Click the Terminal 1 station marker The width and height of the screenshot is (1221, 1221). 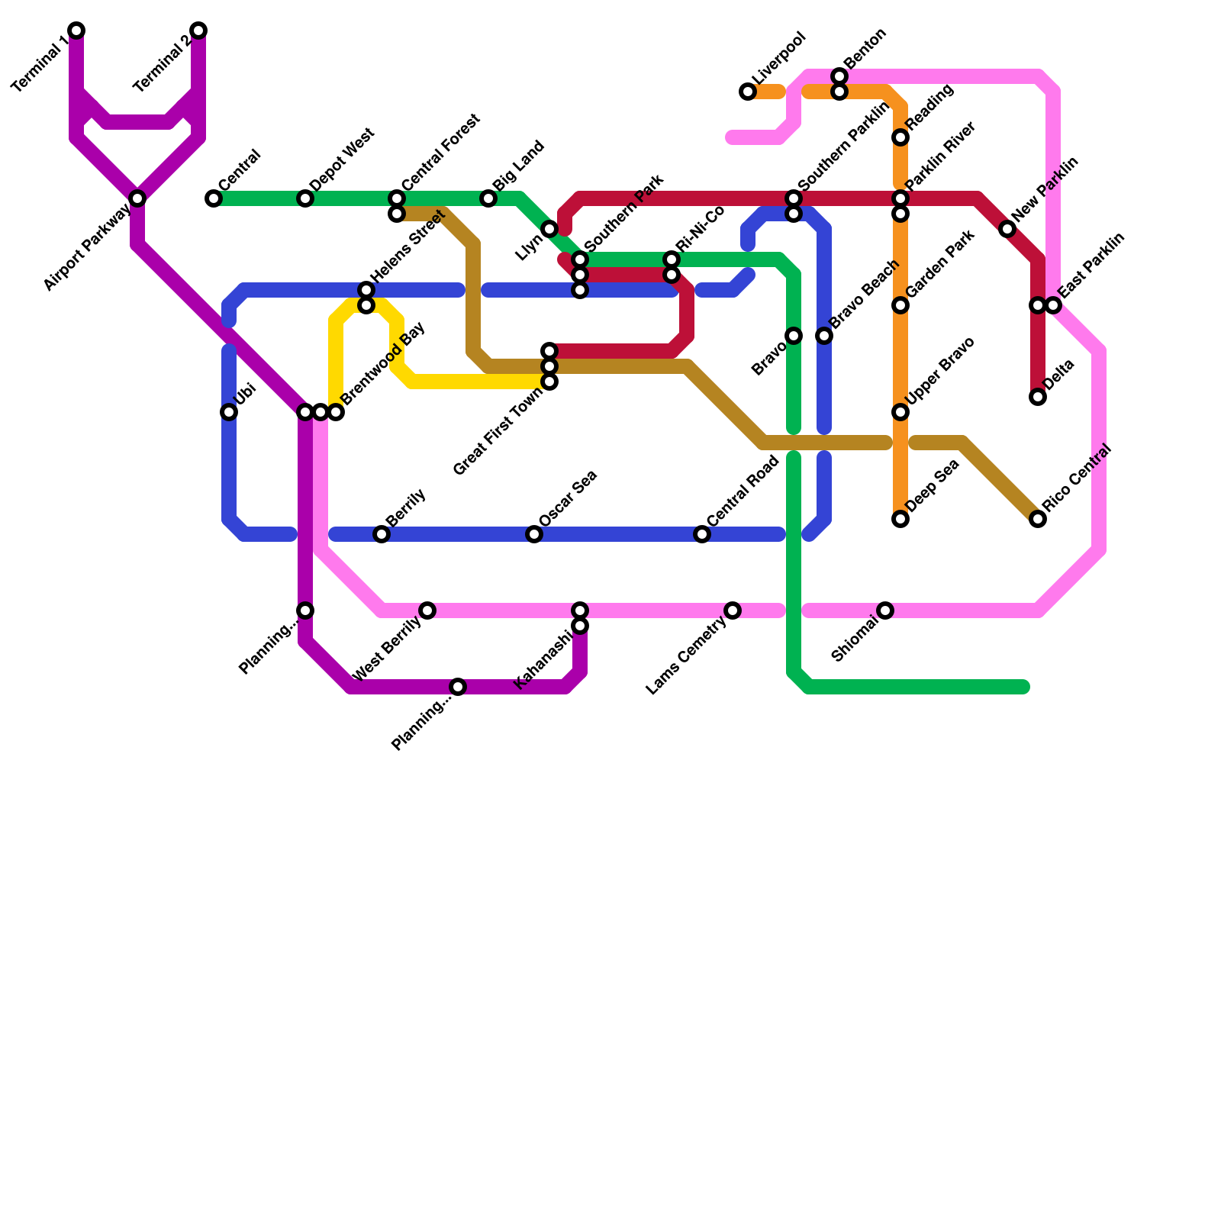point(76,31)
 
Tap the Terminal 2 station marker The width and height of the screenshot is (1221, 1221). point(198,31)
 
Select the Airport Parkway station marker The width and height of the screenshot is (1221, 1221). point(137,198)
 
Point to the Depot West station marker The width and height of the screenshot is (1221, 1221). point(305,198)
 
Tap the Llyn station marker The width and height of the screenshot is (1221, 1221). point(549,229)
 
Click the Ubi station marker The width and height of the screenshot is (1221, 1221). point(229,412)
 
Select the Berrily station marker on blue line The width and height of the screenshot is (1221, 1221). point(382,534)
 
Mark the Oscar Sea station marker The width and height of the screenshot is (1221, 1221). point(534,534)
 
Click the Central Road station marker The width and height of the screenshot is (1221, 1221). point(702,534)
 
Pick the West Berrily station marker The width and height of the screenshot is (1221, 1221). point(427,610)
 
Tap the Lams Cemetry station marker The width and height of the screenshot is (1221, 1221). point(733,610)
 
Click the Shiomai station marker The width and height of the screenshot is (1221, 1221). point(885,610)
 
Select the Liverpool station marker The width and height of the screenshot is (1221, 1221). point(748,92)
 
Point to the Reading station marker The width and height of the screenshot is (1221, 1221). point(900,137)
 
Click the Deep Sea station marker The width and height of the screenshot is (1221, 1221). point(900,519)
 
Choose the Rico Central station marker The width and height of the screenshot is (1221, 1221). point(1038,519)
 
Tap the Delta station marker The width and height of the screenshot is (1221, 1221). point(1038,397)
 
